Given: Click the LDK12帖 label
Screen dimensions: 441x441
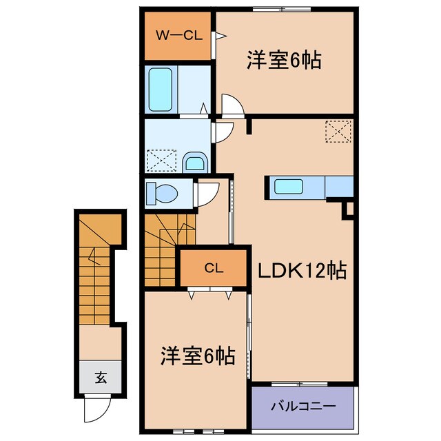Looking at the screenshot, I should coord(302,271).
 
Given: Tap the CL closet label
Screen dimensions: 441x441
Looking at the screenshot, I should coord(213,269).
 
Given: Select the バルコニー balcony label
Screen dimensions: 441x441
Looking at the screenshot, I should coord(302,407).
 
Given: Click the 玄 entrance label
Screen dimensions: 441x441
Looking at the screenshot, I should coord(101,377).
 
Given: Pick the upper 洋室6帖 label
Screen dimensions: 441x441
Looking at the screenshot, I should coord(284,61).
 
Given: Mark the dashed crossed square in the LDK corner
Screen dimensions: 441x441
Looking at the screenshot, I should coord(338,131).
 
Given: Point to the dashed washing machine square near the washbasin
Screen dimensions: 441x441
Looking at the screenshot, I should coord(161,161).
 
